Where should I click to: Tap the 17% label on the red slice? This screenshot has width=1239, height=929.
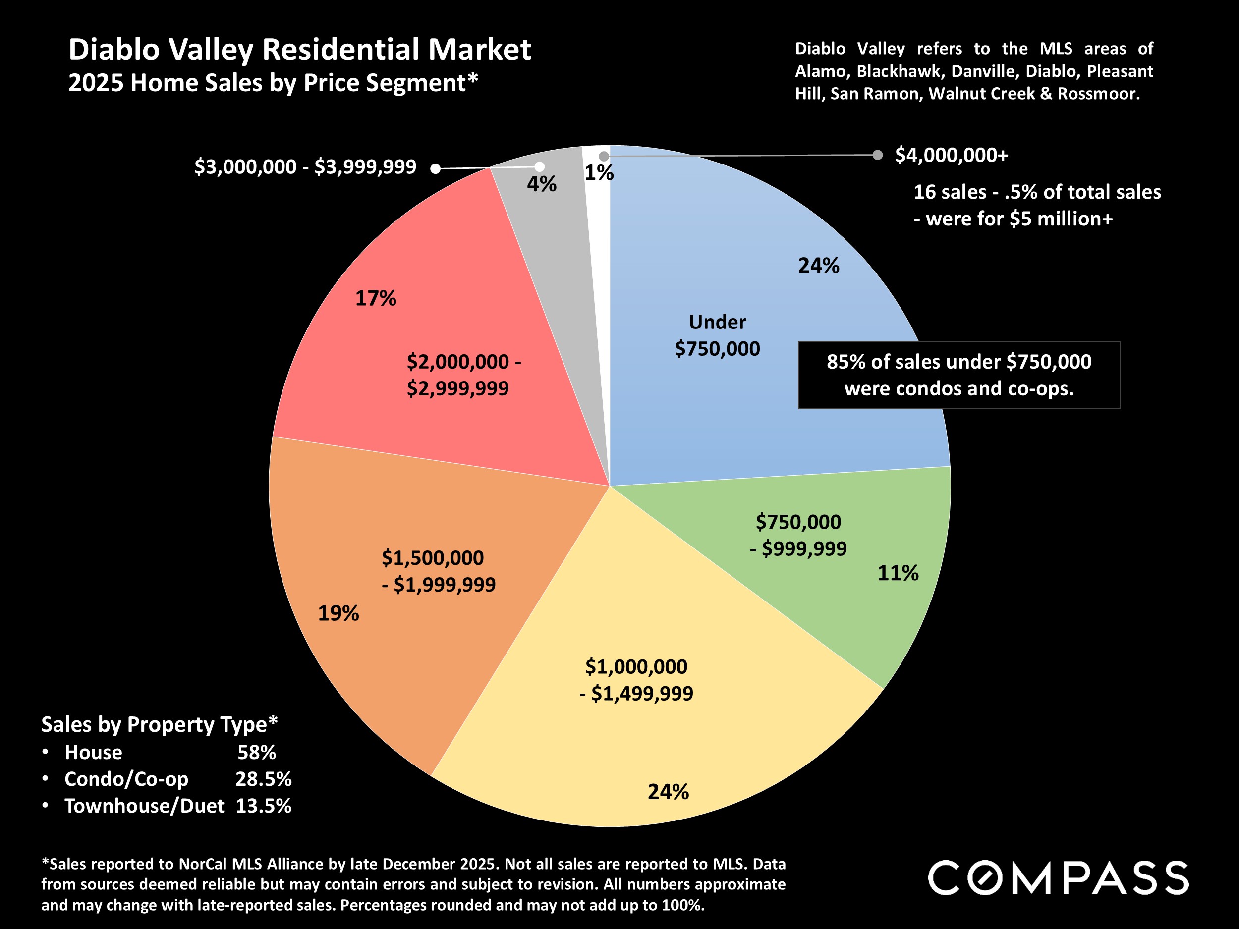375,298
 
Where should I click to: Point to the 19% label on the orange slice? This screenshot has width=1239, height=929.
338,614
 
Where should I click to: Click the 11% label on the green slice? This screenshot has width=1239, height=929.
898,573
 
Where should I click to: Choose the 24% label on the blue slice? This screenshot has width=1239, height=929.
818,266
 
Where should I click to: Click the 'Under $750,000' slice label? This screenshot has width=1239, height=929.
717,335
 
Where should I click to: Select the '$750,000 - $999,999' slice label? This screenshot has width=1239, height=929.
798,535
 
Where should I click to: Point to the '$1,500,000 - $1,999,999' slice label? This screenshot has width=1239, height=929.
439,571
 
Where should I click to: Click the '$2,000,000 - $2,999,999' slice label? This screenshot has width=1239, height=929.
463,375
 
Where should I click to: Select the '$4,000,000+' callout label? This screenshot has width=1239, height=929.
951,155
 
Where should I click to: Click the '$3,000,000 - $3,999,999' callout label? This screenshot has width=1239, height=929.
305,167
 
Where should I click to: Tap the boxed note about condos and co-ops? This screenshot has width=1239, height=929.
959,375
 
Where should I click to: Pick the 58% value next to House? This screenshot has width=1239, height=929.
257,753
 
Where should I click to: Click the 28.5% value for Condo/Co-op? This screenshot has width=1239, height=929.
263,779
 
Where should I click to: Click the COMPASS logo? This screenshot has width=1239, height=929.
1058,878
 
